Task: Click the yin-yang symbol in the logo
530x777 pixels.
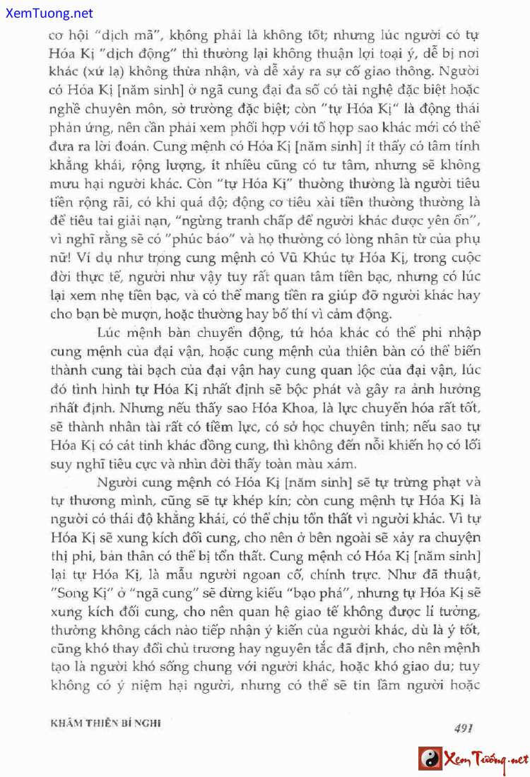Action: [x=429, y=759]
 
